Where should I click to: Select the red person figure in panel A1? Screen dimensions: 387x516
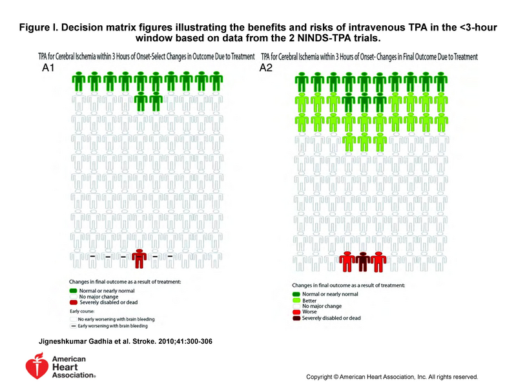pyautogui.click(x=139, y=258)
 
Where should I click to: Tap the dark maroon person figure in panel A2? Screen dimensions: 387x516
pyautogui.click(x=363, y=262)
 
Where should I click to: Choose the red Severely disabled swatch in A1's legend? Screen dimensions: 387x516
pyautogui.click(x=73, y=302)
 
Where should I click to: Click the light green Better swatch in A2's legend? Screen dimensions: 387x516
pyautogui.click(x=296, y=299)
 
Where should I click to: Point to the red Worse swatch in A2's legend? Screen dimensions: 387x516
pyautogui.click(x=296, y=311)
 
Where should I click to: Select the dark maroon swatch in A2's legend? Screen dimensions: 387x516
pyautogui.click(x=296, y=318)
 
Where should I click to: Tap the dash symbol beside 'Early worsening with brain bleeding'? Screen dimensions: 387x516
pyautogui.click(x=73, y=326)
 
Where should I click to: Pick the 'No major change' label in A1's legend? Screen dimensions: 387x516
pyautogui.click(x=96, y=296)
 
